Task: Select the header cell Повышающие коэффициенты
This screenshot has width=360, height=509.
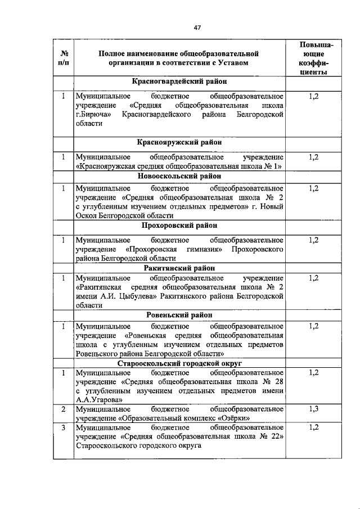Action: point(314,58)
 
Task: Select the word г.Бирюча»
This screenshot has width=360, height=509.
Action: point(94,115)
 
